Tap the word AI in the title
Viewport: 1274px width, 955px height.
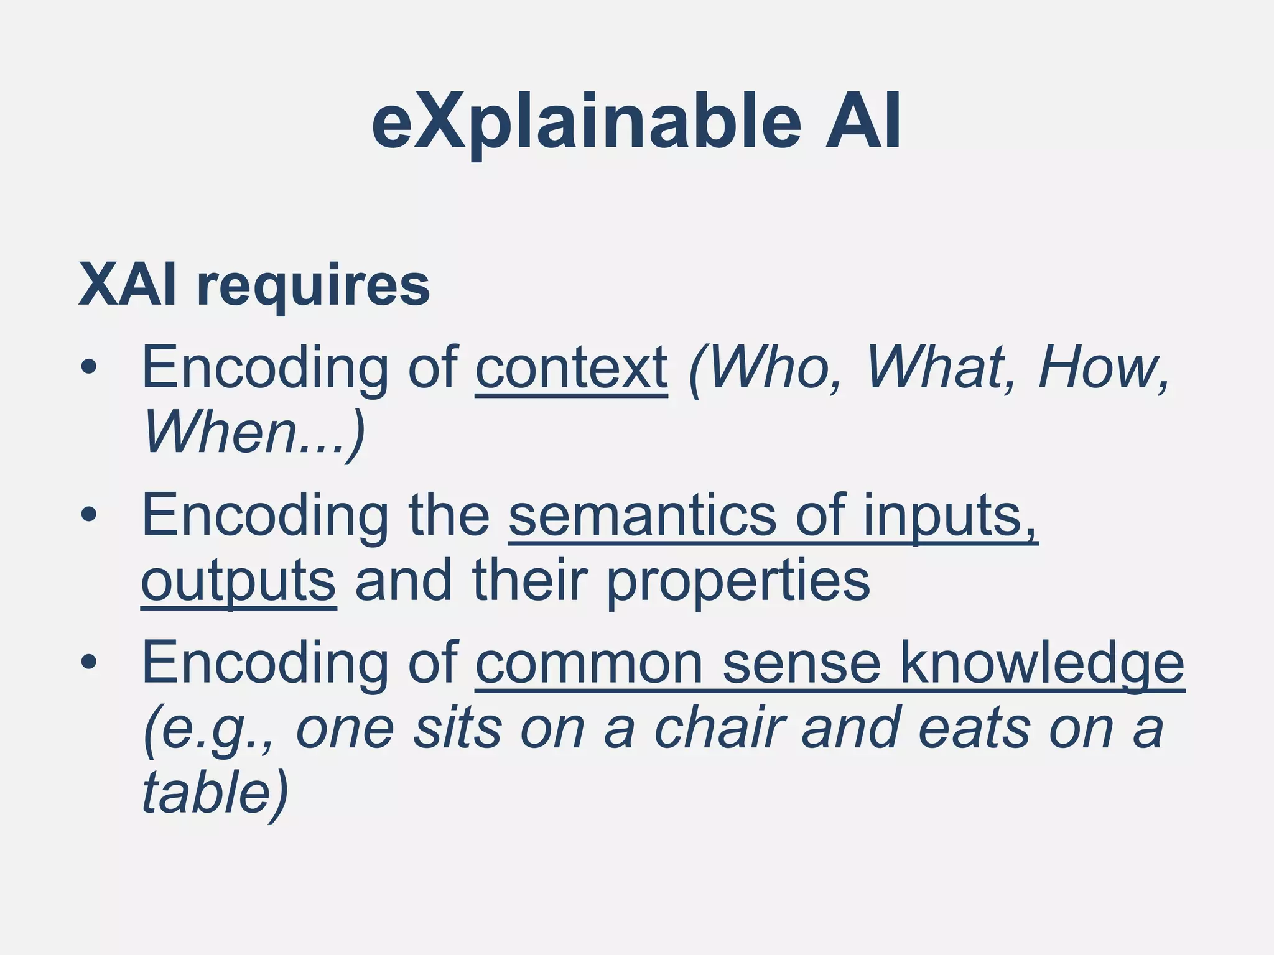point(863,122)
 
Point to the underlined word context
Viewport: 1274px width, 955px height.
point(571,368)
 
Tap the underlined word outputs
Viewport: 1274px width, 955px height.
point(239,581)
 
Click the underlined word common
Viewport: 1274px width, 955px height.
point(588,663)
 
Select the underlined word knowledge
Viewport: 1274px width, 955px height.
point(1042,663)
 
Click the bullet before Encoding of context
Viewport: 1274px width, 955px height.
point(89,367)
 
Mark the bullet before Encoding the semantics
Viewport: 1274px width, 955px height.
point(89,515)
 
